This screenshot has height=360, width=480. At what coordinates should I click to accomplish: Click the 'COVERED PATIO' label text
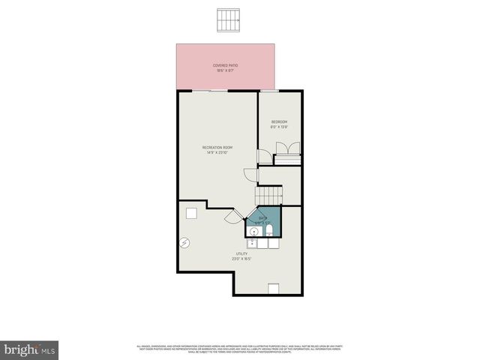click(x=226, y=65)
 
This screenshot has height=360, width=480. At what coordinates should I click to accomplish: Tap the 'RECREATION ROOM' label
click(x=217, y=147)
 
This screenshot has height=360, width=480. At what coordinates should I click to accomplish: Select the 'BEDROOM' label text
click(x=279, y=121)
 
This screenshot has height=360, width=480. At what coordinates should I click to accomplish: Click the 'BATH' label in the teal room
click(x=262, y=217)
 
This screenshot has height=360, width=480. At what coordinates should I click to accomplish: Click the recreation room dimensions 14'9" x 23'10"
click(x=217, y=152)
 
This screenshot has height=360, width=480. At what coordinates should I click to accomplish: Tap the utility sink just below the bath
click(x=253, y=243)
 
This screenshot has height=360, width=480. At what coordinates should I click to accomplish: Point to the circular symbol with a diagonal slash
click(x=184, y=242)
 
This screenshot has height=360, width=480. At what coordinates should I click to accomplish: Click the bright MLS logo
click(x=30, y=349)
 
